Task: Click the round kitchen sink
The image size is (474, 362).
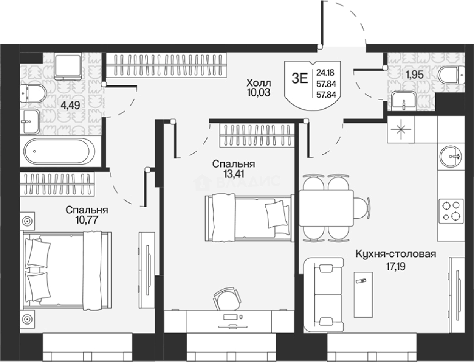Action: click(451, 156)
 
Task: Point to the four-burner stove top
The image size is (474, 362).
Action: click(451, 211)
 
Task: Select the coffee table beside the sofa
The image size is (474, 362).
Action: click(363, 294)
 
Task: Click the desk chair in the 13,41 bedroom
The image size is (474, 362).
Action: click(226, 300)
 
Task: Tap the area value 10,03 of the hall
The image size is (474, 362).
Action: click(259, 93)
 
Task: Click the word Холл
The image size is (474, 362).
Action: click(259, 83)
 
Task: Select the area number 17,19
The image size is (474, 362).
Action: click(396, 266)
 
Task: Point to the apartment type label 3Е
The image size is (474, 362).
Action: click(299, 79)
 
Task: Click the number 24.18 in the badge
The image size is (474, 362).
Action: click(325, 72)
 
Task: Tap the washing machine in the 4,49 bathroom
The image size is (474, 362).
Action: click(68, 67)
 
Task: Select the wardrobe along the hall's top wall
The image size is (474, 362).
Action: click(166, 65)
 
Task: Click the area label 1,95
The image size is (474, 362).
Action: click(415, 75)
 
